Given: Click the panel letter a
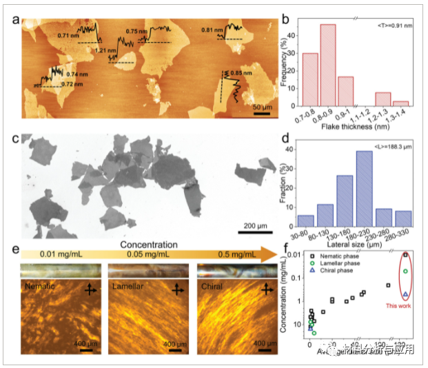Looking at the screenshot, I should tap(16, 19).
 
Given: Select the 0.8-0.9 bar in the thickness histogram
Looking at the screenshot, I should tap(328, 65).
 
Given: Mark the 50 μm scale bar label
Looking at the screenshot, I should tap(261, 108).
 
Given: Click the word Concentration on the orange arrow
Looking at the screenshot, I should tap(147, 245).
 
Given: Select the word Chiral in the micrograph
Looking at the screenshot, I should tap(212, 283).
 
